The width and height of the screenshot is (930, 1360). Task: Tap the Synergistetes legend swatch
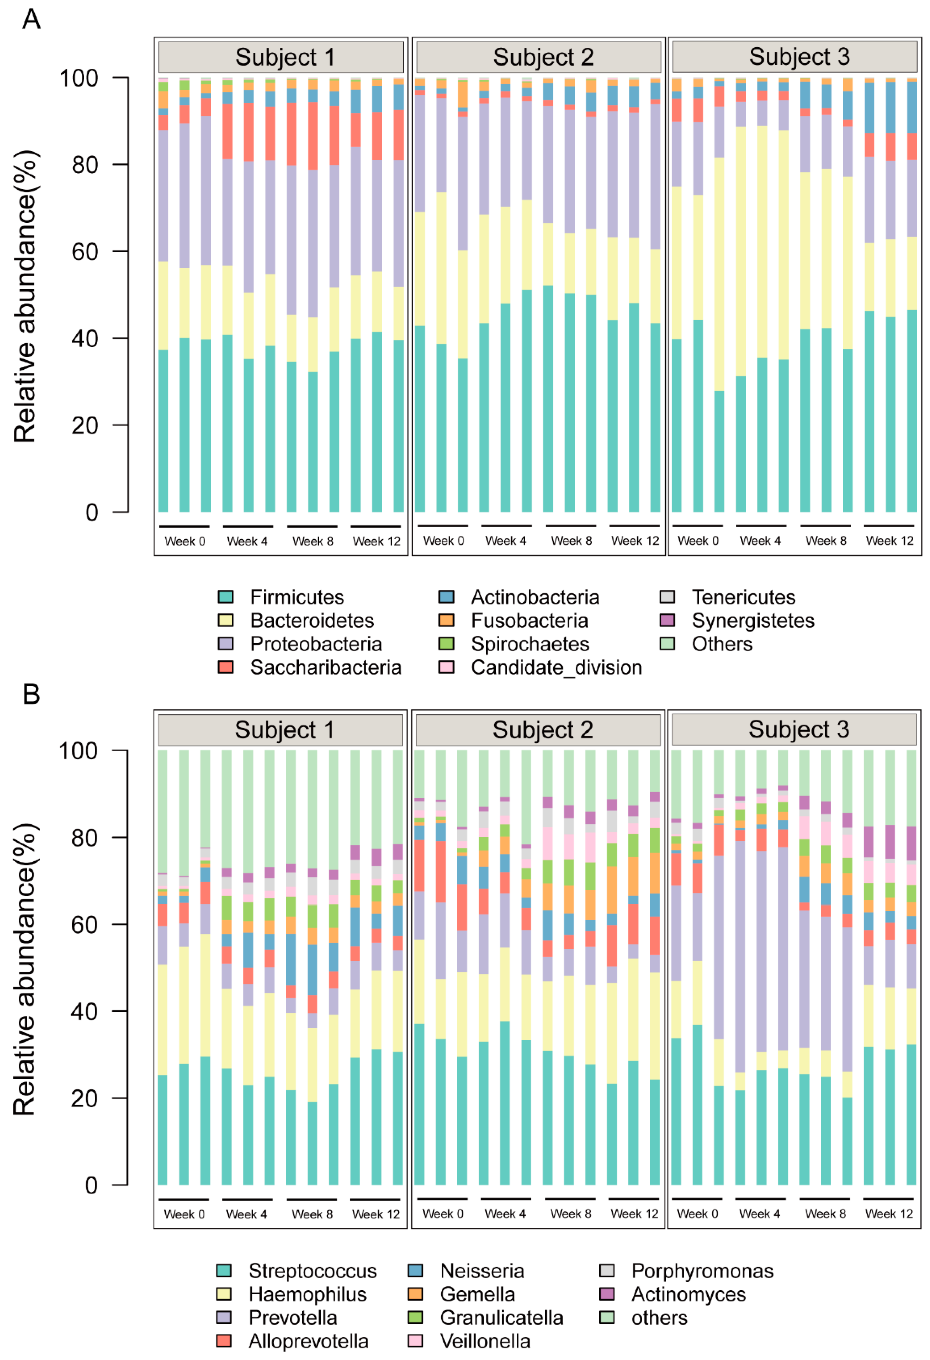(x=667, y=620)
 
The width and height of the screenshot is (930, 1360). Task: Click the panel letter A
(x=31, y=19)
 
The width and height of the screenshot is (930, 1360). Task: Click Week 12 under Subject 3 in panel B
(x=889, y=1214)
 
